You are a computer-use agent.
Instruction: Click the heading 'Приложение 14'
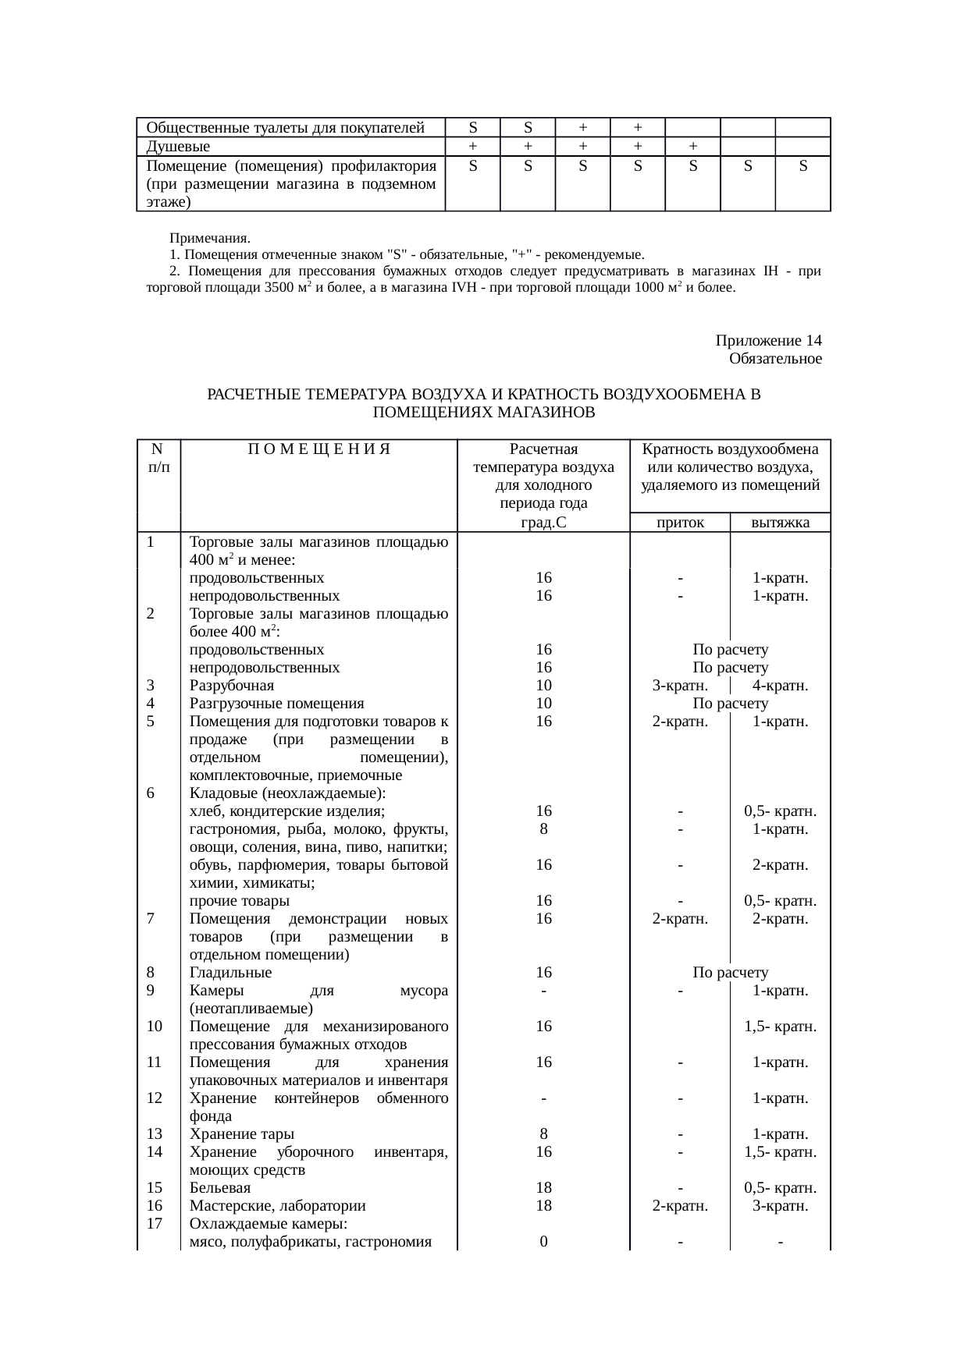point(768,341)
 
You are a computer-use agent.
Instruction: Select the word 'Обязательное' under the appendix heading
point(774,359)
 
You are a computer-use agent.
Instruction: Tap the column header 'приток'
point(680,523)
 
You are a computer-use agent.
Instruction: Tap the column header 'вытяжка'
point(780,523)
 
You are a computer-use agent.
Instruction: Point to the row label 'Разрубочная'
point(232,686)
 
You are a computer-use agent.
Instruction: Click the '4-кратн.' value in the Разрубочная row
point(780,686)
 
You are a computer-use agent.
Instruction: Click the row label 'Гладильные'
point(230,973)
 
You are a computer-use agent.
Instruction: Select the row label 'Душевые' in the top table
point(178,147)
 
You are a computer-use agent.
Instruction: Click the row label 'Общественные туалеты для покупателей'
point(285,127)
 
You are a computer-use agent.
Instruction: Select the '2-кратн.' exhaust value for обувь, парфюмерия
point(780,865)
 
